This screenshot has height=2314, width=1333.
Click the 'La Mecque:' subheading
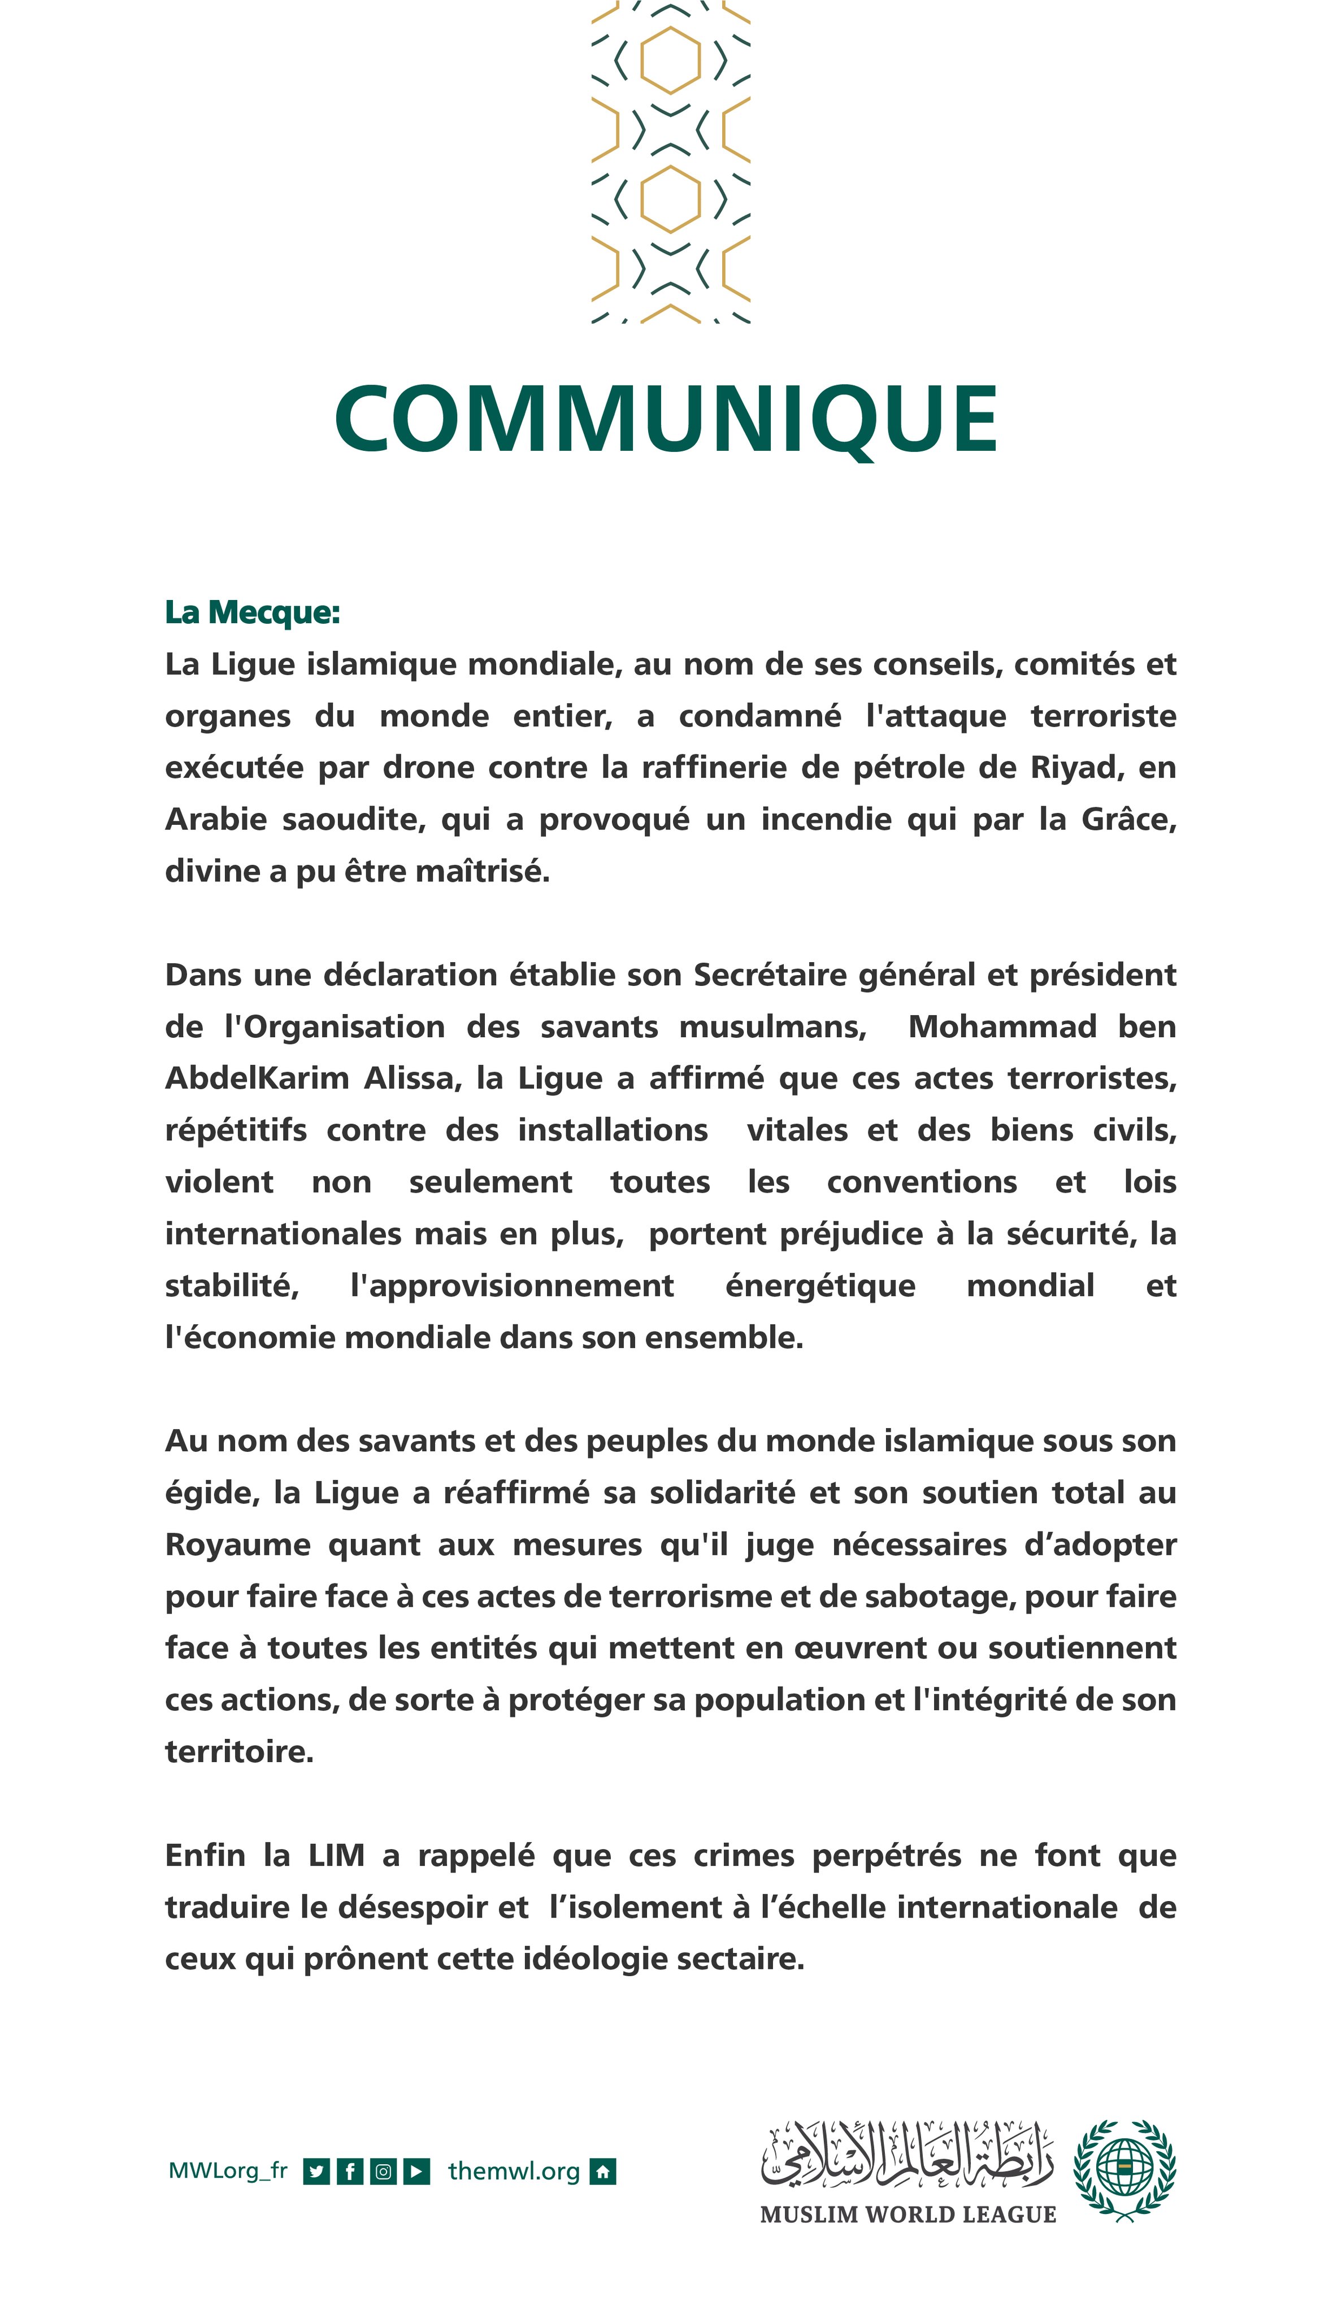pyautogui.click(x=252, y=612)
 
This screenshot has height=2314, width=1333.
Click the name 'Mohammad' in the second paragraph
pyautogui.click(x=1001, y=1027)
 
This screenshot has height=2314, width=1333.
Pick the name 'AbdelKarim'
pyautogui.click(x=257, y=1078)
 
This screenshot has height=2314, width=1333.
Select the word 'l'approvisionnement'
pyautogui.click(x=512, y=1286)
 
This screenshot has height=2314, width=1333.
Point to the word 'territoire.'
pyautogui.click(x=239, y=1752)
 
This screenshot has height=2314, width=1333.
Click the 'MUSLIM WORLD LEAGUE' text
pyautogui.click(x=908, y=2214)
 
